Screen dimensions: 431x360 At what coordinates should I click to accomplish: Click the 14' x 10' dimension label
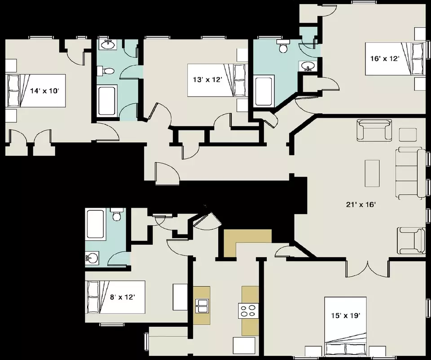pyautogui.click(x=44, y=90)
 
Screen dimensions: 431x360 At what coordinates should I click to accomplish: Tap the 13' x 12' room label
pyautogui.click(x=207, y=80)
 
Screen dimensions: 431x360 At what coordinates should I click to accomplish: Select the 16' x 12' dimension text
pyautogui.click(x=385, y=58)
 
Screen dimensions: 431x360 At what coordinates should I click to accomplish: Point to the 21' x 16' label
pyautogui.click(x=361, y=204)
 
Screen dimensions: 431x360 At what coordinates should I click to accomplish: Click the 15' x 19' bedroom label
pyautogui.click(x=345, y=316)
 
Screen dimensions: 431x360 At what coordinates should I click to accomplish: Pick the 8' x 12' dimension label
pyautogui.click(x=122, y=297)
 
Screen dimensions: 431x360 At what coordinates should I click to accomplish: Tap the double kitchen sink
pyautogui.click(x=202, y=306)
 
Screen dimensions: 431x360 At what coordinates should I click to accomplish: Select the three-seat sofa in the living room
pyautogui.click(x=410, y=173)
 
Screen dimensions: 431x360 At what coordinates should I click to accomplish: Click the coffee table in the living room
pyautogui.click(x=372, y=173)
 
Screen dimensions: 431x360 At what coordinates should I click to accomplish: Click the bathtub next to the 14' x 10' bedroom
pyautogui.click(x=106, y=101)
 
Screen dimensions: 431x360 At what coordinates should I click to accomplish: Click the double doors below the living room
pyautogui.click(x=368, y=268)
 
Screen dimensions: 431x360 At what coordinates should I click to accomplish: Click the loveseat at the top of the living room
pyautogui.click(x=374, y=130)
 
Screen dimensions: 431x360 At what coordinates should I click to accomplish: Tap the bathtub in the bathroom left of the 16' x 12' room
pyautogui.click(x=264, y=91)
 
